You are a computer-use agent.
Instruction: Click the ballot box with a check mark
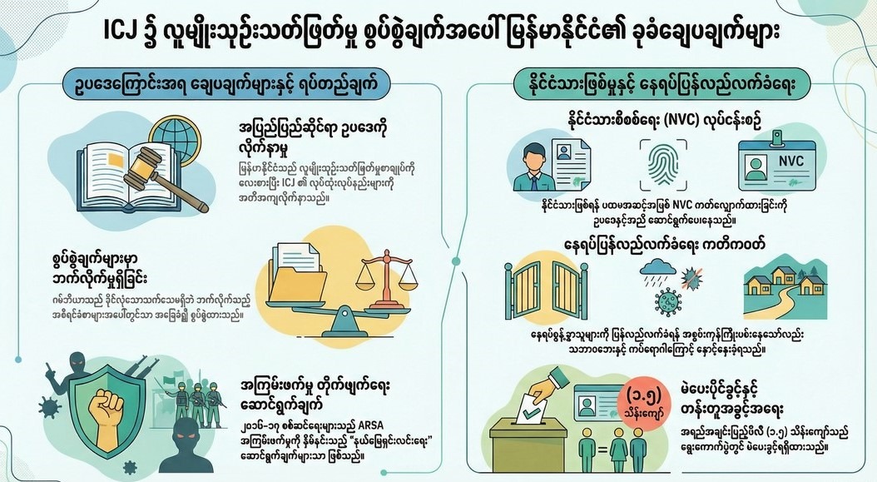[545, 440]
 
